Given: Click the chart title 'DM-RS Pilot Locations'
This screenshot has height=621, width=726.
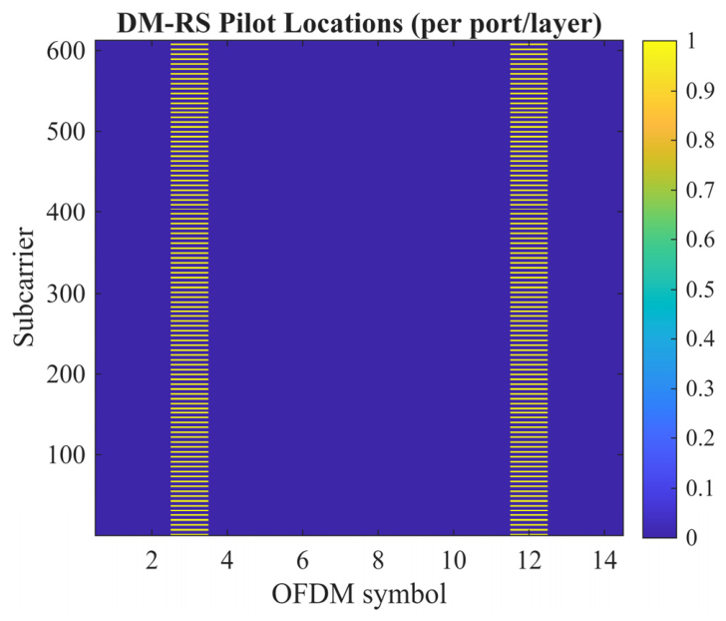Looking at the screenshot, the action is pos(259,23).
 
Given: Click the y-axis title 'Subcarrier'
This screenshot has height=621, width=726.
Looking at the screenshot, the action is pos(24,287).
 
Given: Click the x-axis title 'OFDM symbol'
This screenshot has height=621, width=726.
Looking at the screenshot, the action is pos(359,595).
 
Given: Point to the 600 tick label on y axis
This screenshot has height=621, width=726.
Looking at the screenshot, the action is pos(66,52).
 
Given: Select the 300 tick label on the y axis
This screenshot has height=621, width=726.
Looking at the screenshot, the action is pos(66,294).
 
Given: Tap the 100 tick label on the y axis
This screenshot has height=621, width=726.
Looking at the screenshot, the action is pos(66,455).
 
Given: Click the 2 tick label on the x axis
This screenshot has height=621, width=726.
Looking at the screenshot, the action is pos(152,561).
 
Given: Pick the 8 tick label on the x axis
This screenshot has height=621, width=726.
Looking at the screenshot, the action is pos(378,561).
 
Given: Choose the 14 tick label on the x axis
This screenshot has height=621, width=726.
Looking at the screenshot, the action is pos(604,561).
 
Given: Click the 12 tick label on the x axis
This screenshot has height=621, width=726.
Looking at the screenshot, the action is pos(530,561).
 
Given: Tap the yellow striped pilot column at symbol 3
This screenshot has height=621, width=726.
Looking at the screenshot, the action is pos(189,289).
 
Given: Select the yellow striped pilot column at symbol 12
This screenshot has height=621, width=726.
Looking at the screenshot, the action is pos(529,289).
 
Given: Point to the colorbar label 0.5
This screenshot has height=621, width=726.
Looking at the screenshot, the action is pos(700,290).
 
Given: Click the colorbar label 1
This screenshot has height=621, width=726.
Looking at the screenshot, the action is pos(691,41).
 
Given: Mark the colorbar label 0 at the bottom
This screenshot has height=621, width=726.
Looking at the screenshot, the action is pos(691,537).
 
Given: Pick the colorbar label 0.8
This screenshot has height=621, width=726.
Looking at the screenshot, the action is pos(700,141).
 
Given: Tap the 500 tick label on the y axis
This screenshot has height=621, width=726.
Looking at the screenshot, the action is pos(66,132).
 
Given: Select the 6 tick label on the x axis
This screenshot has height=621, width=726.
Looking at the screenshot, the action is pos(302,561).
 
